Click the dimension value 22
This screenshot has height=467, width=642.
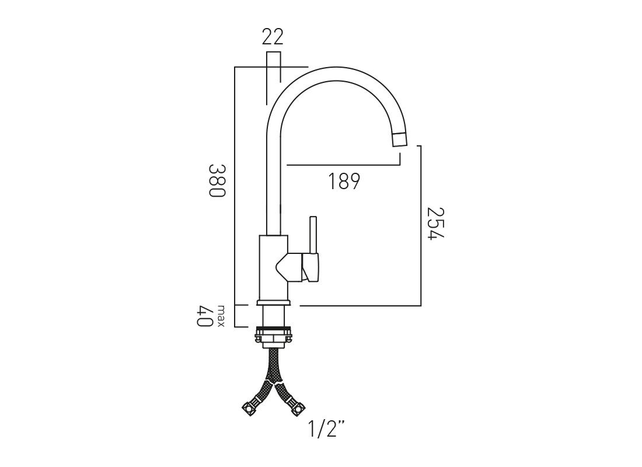coord(273,37)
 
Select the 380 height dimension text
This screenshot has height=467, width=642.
coord(217,180)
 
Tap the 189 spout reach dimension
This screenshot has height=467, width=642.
coord(344,181)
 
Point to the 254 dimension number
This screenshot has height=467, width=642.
coord(435,223)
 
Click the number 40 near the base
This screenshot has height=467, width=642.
coord(205,316)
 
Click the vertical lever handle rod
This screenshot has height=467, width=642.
coord(313,235)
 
